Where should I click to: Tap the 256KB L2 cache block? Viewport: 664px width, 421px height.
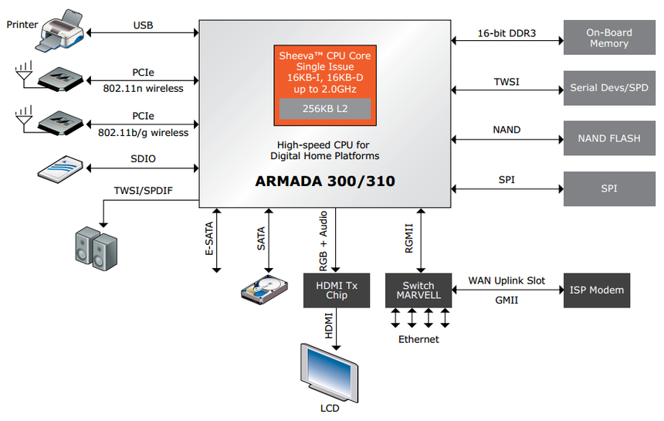(324, 109)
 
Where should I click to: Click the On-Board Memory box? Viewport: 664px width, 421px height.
(609, 38)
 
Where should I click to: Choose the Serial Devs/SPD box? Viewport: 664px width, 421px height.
(609, 87)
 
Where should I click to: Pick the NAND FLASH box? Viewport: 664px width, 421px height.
(609, 138)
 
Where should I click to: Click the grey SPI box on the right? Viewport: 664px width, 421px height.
(609, 188)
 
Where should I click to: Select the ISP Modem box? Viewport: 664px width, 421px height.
(596, 290)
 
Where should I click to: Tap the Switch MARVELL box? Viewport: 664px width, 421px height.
(418, 290)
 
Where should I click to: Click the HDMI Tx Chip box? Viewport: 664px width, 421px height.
(337, 290)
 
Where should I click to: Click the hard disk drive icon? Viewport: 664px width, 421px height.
(263, 290)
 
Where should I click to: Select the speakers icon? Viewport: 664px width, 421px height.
(97, 249)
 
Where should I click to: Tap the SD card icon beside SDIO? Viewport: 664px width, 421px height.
(60, 168)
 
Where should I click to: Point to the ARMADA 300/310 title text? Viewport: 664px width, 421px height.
(325, 182)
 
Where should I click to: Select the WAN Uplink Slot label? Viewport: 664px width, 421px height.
(506, 280)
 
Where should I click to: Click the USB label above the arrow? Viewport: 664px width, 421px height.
(143, 25)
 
